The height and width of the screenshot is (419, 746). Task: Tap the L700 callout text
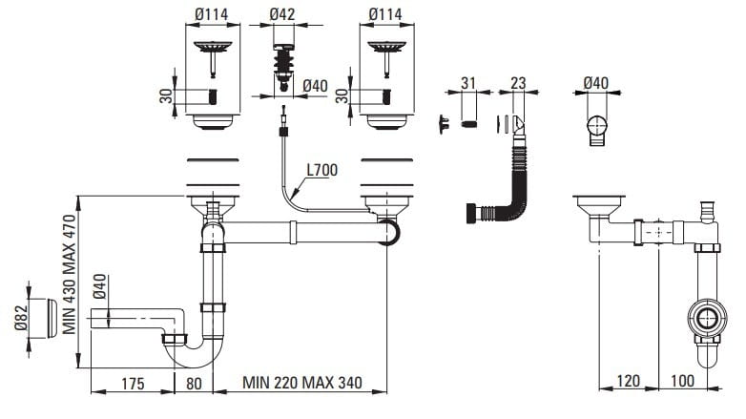[322, 172]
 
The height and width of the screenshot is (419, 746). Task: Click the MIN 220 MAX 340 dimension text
[301, 384]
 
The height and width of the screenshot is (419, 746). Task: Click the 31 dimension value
[467, 83]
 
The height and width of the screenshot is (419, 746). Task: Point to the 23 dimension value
[519, 83]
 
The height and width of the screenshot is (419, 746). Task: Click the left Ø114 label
[213, 14]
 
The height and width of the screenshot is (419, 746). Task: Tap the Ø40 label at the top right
[595, 83]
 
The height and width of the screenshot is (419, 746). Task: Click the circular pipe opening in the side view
[706, 319]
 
